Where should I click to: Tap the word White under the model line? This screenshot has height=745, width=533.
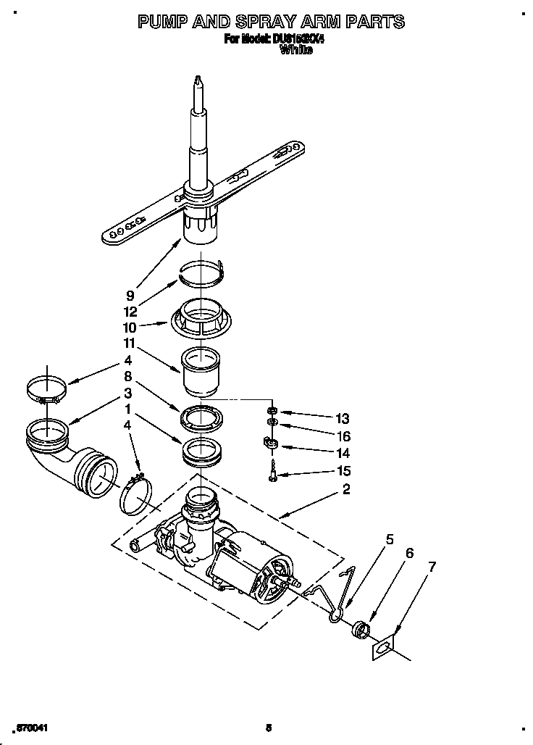pyautogui.click(x=295, y=50)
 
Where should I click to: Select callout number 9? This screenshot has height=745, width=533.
pyautogui.click(x=130, y=295)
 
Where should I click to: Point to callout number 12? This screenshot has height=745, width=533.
pyautogui.click(x=130, y=311)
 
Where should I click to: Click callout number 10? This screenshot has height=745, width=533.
pyautogui.click(x=130, y=327)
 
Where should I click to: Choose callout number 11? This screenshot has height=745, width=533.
pyautogui.click(x=130, y=343)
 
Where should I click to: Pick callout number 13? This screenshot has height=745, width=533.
pyautogui.click(x=343, y=418)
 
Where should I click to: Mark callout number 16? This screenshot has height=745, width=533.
pyautogui.click(x=343, y=436)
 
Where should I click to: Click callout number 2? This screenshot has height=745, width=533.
pyautogui.click(x=346, y=490)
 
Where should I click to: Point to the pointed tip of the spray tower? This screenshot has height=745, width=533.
pyautogui.click(x=196, y=80)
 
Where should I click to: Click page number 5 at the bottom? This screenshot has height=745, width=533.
pyautogui.click(x=267, y=728)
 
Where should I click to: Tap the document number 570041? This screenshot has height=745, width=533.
pyautogui.click(x=31, y=727)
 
